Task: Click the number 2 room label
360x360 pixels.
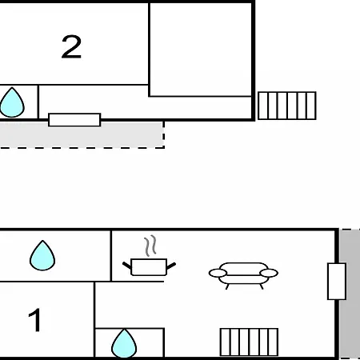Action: pyautogui.click(x=71, y=46)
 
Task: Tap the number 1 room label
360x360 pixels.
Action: pyautogui.click(x=35, y=320)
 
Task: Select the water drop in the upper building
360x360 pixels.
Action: pyautogui.click(x=12, y=102)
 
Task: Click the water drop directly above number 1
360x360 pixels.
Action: pyautogui.click(x=42, y=256)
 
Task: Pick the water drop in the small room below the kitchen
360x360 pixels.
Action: pyautogui.click(x=124, y=344)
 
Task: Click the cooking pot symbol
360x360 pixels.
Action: pyautogui.click(x=149, y=266)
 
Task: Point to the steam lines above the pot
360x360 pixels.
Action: pyautogui.click(x=150, y=246)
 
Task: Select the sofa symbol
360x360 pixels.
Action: pyautogui.click(x=243, y=274)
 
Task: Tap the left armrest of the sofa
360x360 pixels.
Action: pyautogui.click(x=218, y=273)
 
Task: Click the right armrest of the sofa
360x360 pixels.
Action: pyautogui.click(x=269, y=273)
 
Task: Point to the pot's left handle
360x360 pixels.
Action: pyautogui.click(x=127, y=266)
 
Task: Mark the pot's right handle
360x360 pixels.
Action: pyautogui.click(x=171, y=266)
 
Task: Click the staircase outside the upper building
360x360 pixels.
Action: pyautogui.click(x=287, y=106)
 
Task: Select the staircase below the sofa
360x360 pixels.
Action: pyautogui.click(x=249, y=342)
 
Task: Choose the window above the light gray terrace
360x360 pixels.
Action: pyautogui.click(x=74, y=120)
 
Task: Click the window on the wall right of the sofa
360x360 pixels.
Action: pyautogui.click(x=337, y=282)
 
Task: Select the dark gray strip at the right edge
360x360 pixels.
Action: pyautogui.click(x=350, y=294)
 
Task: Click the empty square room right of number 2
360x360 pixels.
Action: pyautogui.click(x=201, y=50)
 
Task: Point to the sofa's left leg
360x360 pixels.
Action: pyautogui.click(x=227, y=286)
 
